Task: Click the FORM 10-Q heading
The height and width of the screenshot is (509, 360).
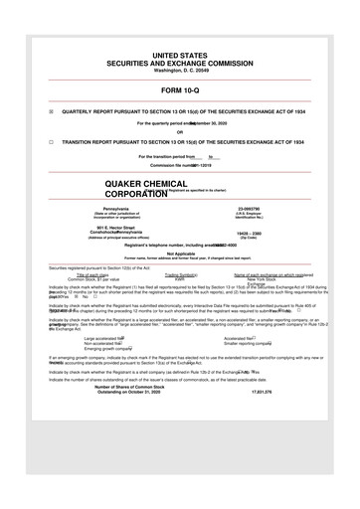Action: pos(180,87)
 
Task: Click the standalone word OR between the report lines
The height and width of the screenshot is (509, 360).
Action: pos(180,132)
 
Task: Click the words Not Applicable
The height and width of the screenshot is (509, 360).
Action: pos(180,254)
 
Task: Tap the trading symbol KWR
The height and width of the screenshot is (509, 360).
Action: pos(180,280)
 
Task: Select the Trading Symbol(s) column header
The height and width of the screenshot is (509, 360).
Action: pos(180,275)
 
